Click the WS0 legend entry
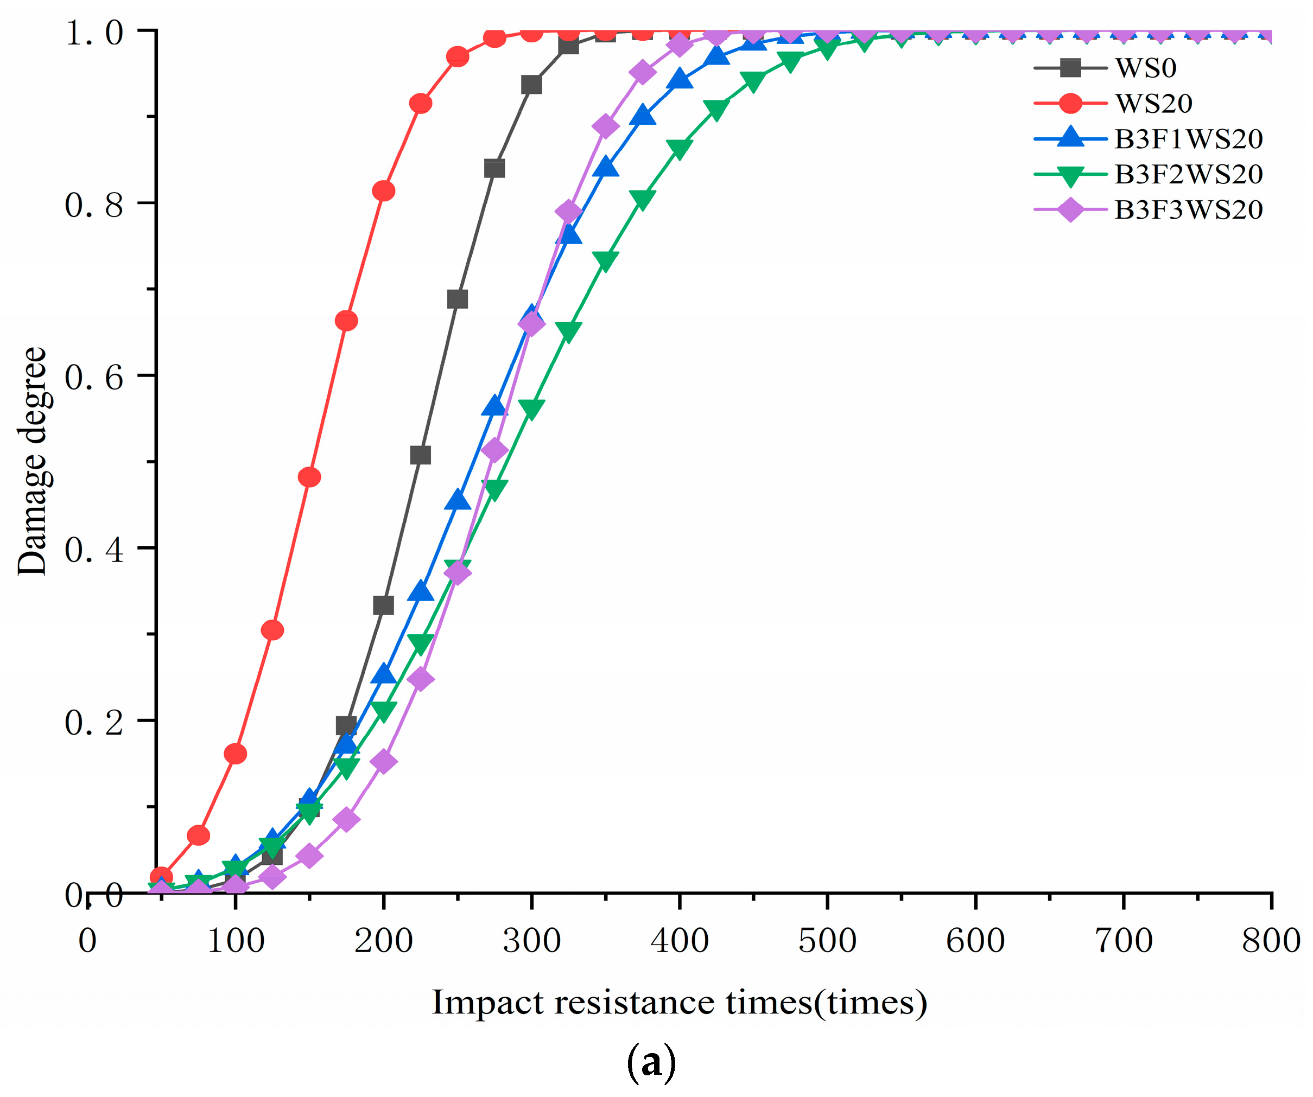click(x=1145, y=67)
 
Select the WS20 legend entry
click(x=1153, y=103)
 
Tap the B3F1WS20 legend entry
click(x=1188, y=139)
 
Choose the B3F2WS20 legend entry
click(x=1188, y=174)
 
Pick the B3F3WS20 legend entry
click(x=1188, y=210)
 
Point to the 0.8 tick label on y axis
click(x=94, y=205)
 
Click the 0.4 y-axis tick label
click(x=94, y=550)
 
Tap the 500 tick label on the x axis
click(x=827, y=941)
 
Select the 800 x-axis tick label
click(x=1271, y=941)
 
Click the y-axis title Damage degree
click(x=31, y=461)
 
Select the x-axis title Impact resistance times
click(x=679, y=1003)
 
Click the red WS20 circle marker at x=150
click(x=309, y=477)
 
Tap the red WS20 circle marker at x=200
click(x=383, y=190)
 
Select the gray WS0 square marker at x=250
click(x=458, y=299)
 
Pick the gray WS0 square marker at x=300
click(x=531, y=85)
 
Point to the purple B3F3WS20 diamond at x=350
click(x=605, y=126)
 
